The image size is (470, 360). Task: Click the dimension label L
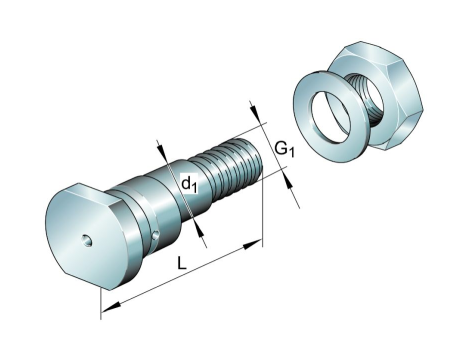pyautogui.click(x=182, y=263)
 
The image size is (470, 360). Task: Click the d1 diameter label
pyautogui.click(x=189, y=184)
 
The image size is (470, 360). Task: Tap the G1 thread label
pyautogui.click(x=285, y=149)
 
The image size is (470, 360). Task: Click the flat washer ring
pyautogui.click(x=331, y=117)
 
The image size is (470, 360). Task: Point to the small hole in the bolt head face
pyautogui.click(x=88, y=240)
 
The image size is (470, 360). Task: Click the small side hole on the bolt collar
pyautogui.click(x=155, y=235)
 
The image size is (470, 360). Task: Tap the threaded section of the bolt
pyautogui.click(x=230, y=168)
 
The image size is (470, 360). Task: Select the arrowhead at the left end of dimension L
pyautogui.click(x=110, y=308)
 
